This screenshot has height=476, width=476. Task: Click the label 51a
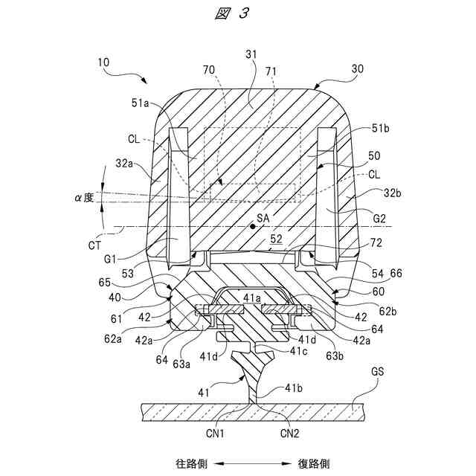142,105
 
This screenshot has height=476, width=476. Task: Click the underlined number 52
276,239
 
